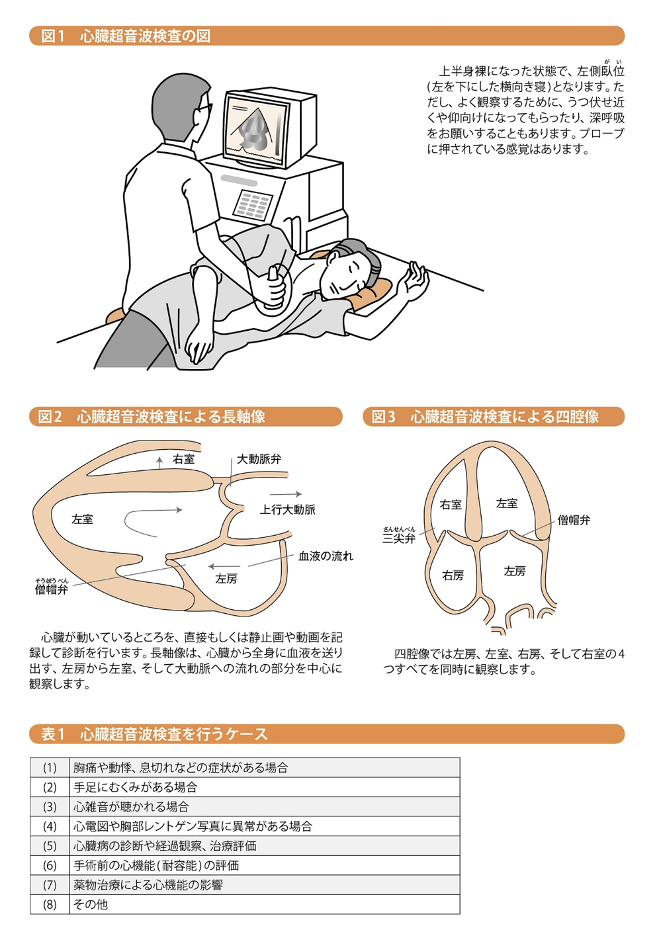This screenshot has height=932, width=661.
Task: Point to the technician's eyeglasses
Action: pyautogui.click(x=204, y=110)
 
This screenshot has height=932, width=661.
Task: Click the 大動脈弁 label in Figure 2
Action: pyautogui.click(x=259, y=458)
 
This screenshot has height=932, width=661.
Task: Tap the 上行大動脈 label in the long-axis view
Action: pyautogui.click(x=287, y=509)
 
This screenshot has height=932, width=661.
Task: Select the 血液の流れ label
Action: pyautogui.click(x=326, y=556)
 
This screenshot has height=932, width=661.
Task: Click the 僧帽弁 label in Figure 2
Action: pyautogui.click(x=52, y=589)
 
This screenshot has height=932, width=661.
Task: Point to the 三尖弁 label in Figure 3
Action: pyautogui.click(x=399, y=538)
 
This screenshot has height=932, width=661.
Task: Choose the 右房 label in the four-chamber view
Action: pyautogui.click(x=453, y=575)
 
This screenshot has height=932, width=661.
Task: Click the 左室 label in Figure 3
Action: pyautogui.click(x=507, y=503)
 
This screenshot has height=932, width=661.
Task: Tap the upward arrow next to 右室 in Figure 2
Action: pyautogui.click(x=159, y=462)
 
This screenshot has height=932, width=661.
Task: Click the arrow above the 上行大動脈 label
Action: pyautogui.click(x=285, y=494)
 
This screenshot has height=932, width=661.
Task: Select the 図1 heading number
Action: pyautogui.click(x=53, y=36)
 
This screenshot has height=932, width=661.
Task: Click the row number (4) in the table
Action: pyautogui.click(x=50, y=826)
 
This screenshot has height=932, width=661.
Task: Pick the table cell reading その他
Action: pyautogui.click(x=91, y=904)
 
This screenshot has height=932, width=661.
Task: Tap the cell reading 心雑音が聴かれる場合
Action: pyautogui.click(x=131, y=806)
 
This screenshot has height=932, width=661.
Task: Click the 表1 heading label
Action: pyautogui.click(x=53, y=734)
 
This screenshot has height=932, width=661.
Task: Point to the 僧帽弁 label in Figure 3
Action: pyautogui.click(x=574, y=520)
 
